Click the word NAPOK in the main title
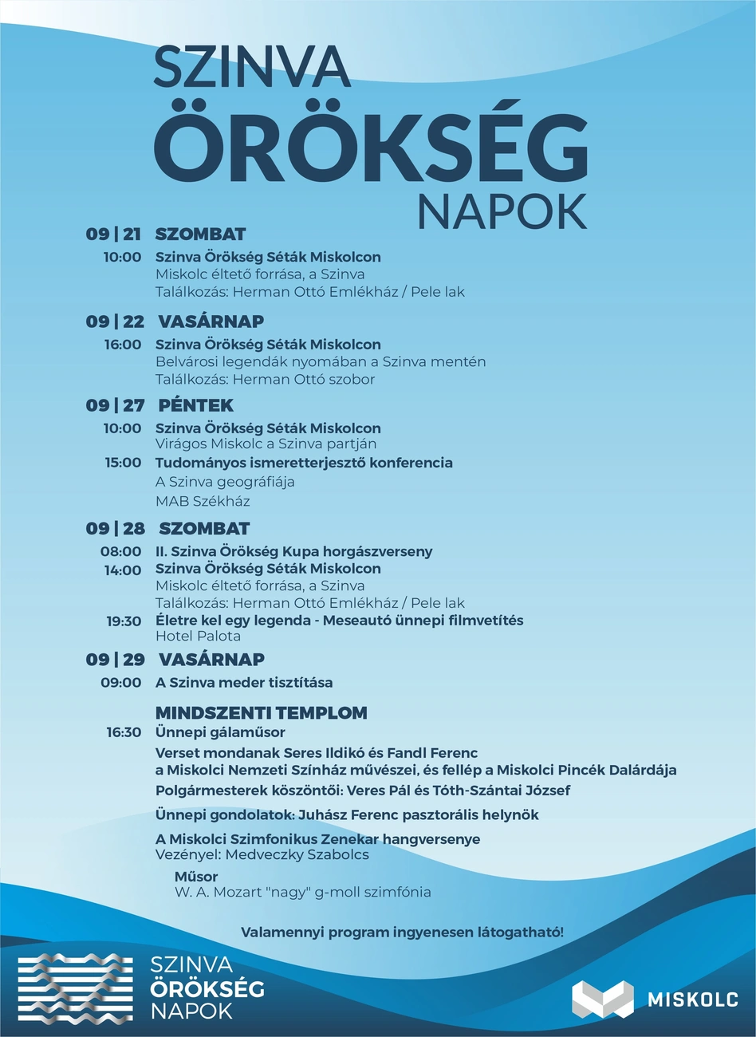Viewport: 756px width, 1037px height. click(x=502, y=211)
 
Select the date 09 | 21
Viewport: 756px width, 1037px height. click(x=113, y=235)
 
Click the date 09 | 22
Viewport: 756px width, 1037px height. click(x=115, y=321)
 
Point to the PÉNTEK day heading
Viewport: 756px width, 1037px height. click(x=195, y=405)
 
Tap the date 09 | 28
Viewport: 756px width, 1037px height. click(x=115, y=529)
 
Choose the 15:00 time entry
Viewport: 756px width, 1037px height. click(x=123, y=463)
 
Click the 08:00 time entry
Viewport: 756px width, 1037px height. click(x=121, y=551)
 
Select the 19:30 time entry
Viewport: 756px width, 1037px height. click(x=124, y=621)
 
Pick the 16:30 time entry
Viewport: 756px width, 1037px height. click(x=124, y=732)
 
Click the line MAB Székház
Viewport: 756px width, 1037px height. click(x=203, y=502)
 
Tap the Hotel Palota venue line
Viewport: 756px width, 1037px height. click(x=198, y=637)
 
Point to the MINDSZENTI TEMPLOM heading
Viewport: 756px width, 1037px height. click(x=261, y=713)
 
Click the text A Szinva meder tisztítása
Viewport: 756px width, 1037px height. click(x=244, y=683)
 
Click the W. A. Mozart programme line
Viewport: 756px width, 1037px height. click(x=303, y=893)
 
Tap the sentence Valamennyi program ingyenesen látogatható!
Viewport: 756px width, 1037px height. click(x=402, y=933)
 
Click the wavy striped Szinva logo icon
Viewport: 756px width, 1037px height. click(x=77, y=988)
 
